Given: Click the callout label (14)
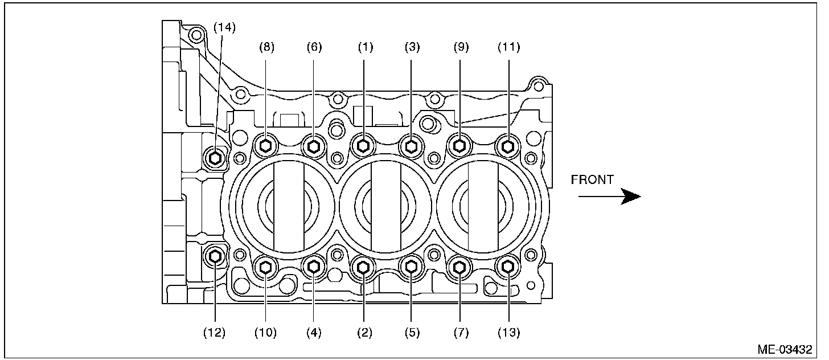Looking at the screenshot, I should pyautogui.click(x=224, y=27).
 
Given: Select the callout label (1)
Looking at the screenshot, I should pyautogui.click(x=364, y=48).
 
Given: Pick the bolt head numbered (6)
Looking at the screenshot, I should pyautogui.click(x=314, y=146).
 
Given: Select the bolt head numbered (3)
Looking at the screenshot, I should pyautogui.click(x=411, y=146).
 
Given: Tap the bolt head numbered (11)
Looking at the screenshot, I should pyautogui.click(x=507, y=146).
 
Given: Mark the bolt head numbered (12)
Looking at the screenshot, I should pyautogui.click(x=215, y=257).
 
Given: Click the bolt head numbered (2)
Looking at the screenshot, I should pyautogui.click(x=363, y=265).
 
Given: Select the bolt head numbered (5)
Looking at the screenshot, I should pyautogui.click(x=411, y=265).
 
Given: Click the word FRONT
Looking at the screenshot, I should pyautogui.click(x=592, y=180).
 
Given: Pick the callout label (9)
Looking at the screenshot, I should pyautogui.click(x=460, y=48).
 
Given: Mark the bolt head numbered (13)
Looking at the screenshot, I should pyautogui.click(x=507, y=265).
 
